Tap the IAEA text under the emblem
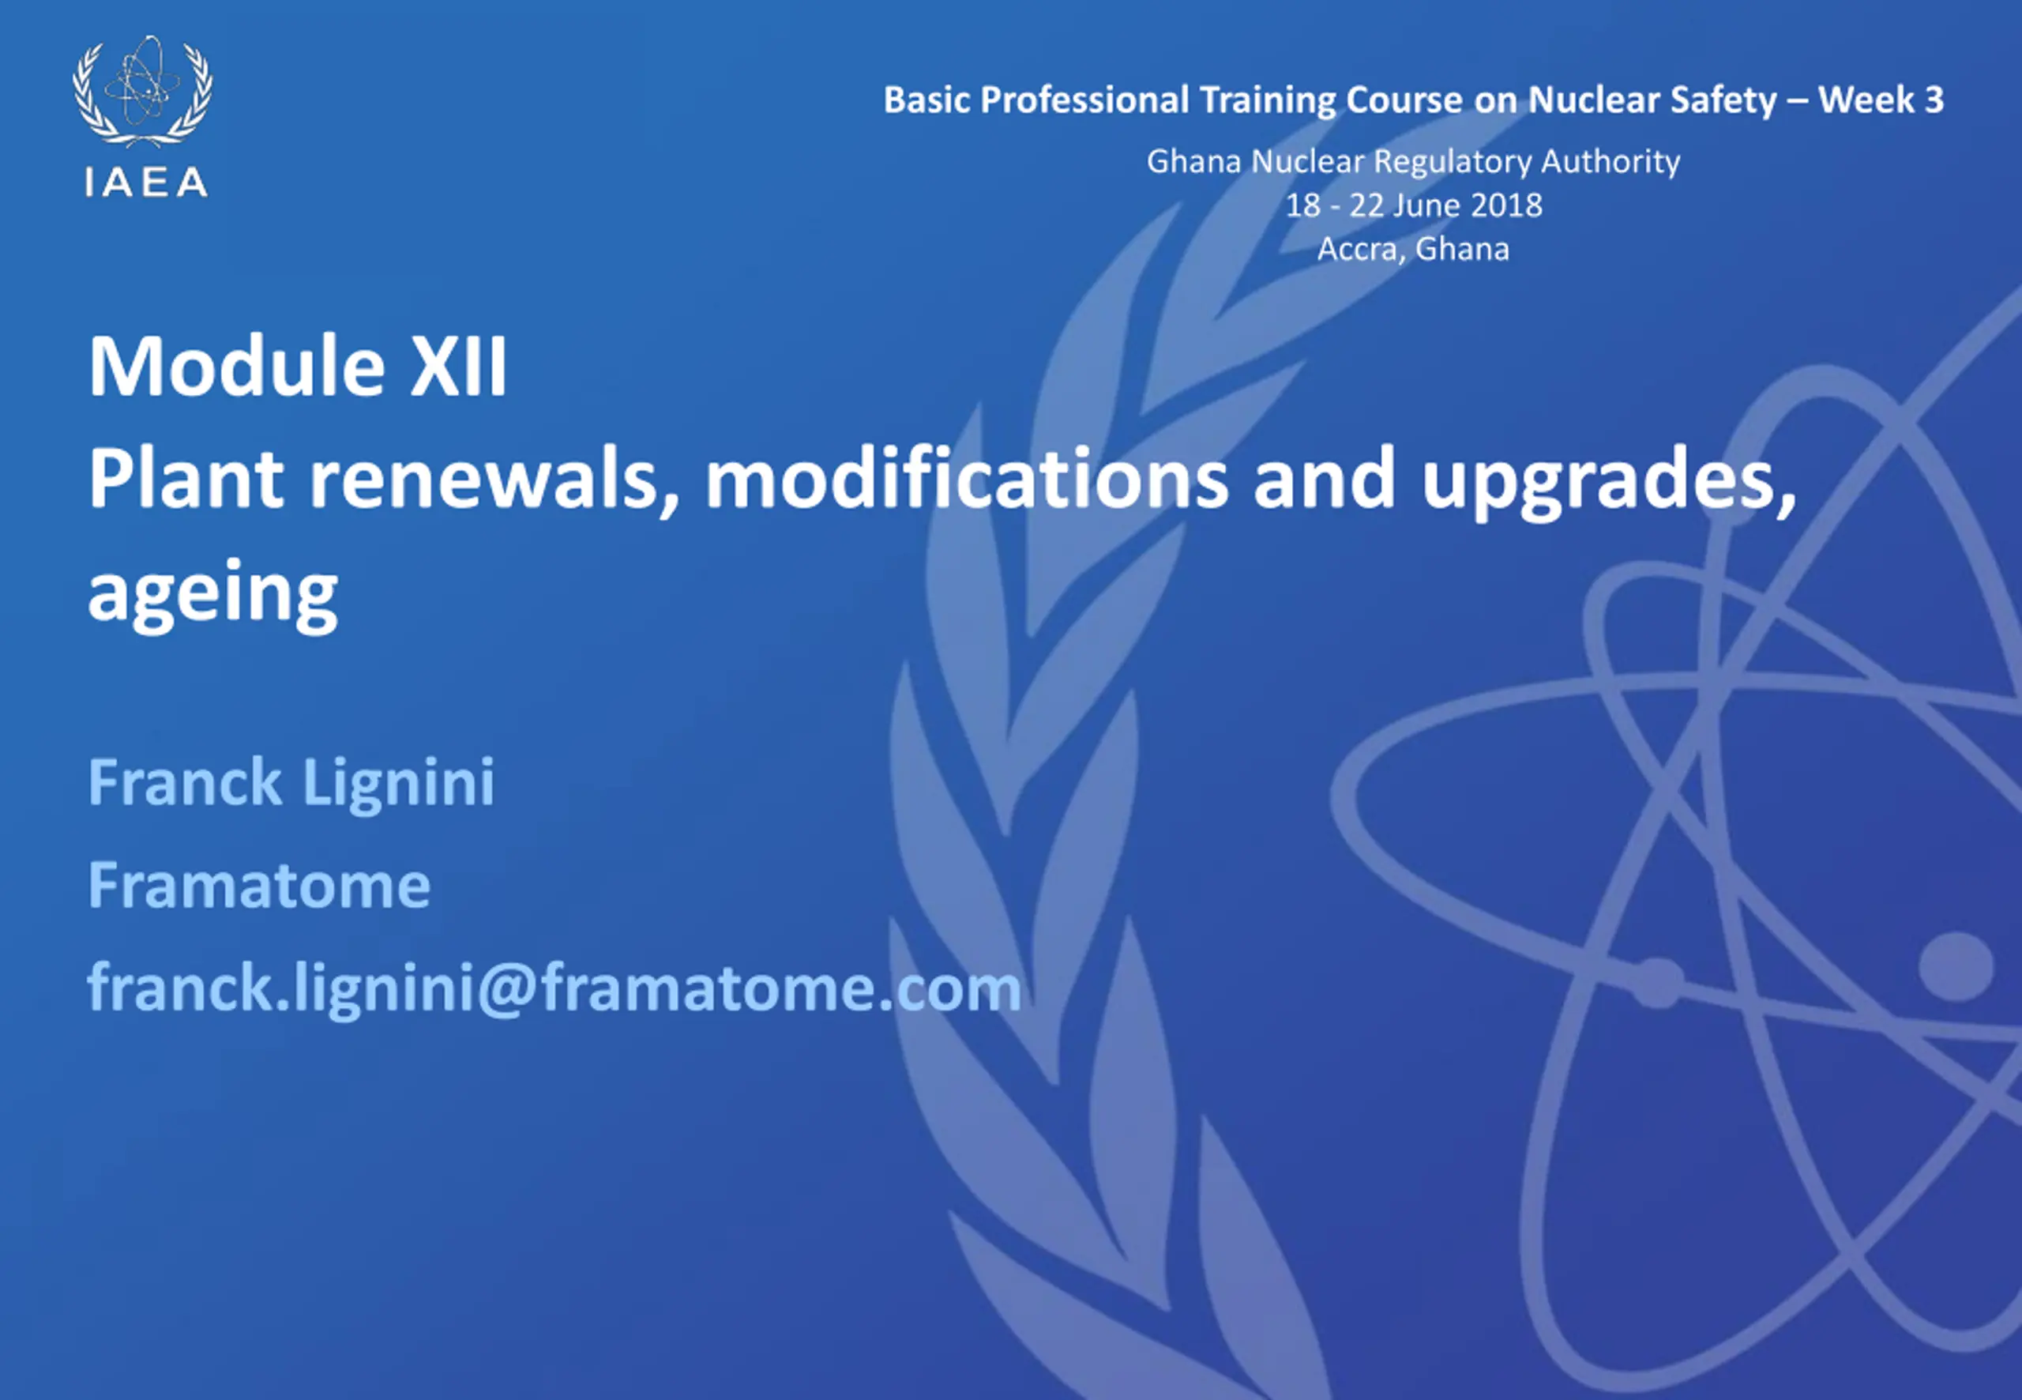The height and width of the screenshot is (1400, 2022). click(146, 183)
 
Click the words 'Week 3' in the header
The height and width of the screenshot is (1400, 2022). click(1880, 99)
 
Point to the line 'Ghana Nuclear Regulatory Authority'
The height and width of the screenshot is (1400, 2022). click(1414, 161)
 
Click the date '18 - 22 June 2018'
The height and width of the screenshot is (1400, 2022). click(1414, 205)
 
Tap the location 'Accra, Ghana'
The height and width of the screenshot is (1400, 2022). click(1414, 249)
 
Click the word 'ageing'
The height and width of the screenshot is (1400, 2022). click(213, 594)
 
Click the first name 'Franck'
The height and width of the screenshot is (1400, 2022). click(185, 781)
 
